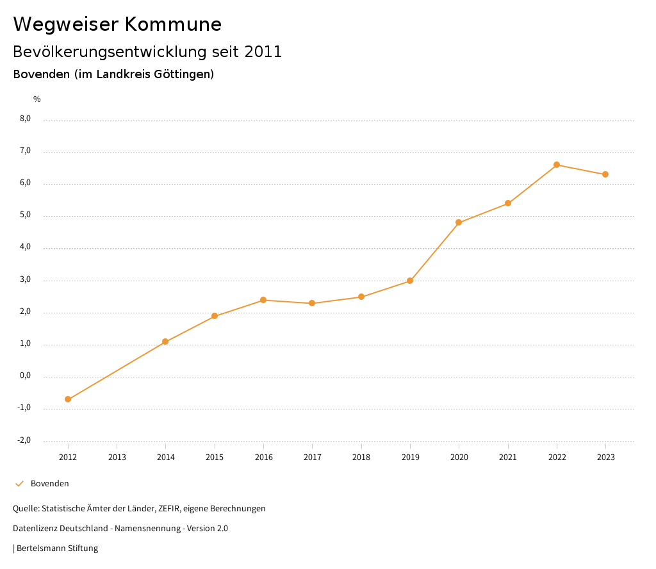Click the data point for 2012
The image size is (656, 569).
(68, 399)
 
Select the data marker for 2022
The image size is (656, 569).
(557, 165)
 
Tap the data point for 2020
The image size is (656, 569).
(459, 222)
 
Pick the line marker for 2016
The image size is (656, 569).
(263, 300)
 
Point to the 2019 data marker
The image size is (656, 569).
(410, 281)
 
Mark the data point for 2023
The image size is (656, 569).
(605, 174)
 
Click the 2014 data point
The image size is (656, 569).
(165, 342)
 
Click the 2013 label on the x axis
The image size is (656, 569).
(117, 458)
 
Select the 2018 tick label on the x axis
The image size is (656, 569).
(361, 458)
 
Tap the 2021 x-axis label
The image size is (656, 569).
(508, 458)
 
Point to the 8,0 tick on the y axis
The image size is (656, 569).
(26, 119)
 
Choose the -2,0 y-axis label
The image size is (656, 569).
(24, 440)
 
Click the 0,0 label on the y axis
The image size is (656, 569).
(26, 376)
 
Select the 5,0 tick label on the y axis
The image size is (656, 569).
(26, 215)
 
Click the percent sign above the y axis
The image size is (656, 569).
(37, 99)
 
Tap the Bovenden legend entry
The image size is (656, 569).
(49, 484)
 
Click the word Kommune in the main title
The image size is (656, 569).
(173, 24)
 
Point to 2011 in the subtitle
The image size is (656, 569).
(263, 52)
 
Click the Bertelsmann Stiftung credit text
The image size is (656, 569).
(57, 548)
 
